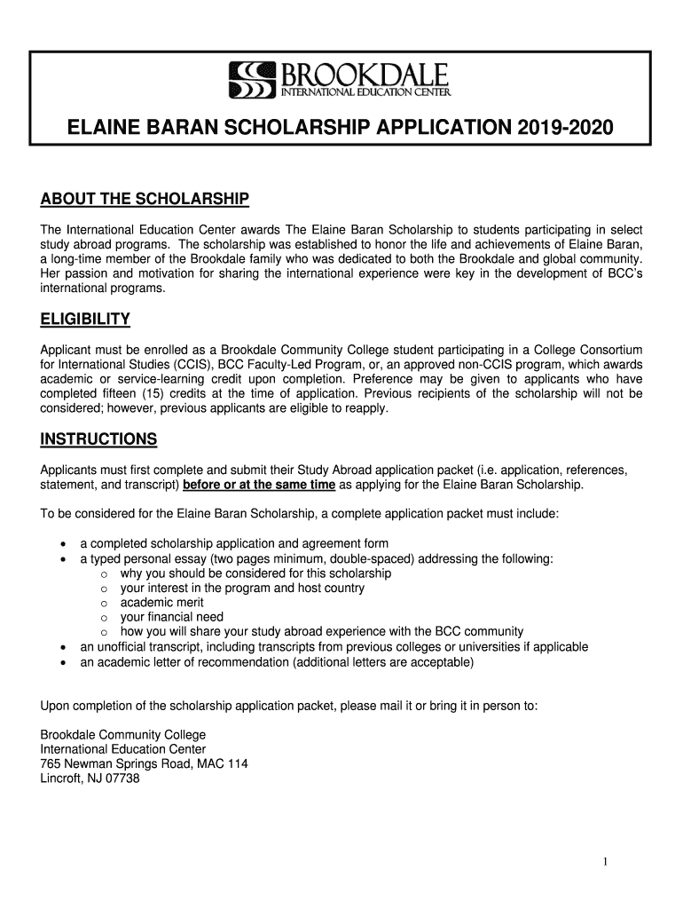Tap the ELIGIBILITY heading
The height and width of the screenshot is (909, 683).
(86, 319)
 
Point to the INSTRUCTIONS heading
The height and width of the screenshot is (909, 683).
(99, 440)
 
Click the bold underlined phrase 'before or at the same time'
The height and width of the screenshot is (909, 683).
(259, 485)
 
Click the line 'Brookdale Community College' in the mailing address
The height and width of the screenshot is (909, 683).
(123, 735)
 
